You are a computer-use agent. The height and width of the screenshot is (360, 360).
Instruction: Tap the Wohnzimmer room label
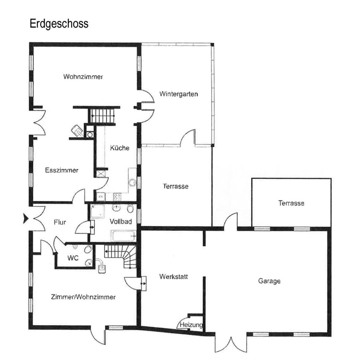click(x=83, y=77)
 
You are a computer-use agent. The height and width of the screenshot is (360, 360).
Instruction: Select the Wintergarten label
click(x=179, y=94)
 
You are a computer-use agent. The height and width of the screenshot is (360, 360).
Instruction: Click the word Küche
click(x=120, y=148)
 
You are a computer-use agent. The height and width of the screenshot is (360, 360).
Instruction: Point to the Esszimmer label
click(x=62, y=170)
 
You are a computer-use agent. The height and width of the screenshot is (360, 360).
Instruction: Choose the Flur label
click(x=60, y=222)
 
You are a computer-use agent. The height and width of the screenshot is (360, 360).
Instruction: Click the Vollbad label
click(x=121, y=222)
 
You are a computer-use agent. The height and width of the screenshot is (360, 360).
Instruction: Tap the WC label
click(x=73, y=258)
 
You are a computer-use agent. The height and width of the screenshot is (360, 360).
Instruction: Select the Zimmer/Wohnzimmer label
click(x=83, y=297)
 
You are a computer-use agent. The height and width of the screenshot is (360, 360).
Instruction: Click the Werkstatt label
click(x=174, y=276)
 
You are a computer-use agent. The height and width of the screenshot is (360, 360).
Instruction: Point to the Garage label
click(x=269, y=281)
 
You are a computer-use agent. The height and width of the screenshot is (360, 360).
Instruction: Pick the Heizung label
click(x=191, y=325)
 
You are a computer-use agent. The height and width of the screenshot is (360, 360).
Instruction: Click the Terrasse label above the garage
click(x=291, y=203)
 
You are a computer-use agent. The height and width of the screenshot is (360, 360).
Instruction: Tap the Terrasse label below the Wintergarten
click(x=176, y=186)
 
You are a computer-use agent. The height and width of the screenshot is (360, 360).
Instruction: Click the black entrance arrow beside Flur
click(x=26, y=218)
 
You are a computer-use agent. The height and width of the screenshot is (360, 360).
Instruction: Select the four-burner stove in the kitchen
click(x=117, y=197)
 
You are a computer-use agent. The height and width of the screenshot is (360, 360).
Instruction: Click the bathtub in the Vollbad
click(x=124, y=236)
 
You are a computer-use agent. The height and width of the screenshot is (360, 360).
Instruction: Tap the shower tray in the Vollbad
click(x=97, y=211)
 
